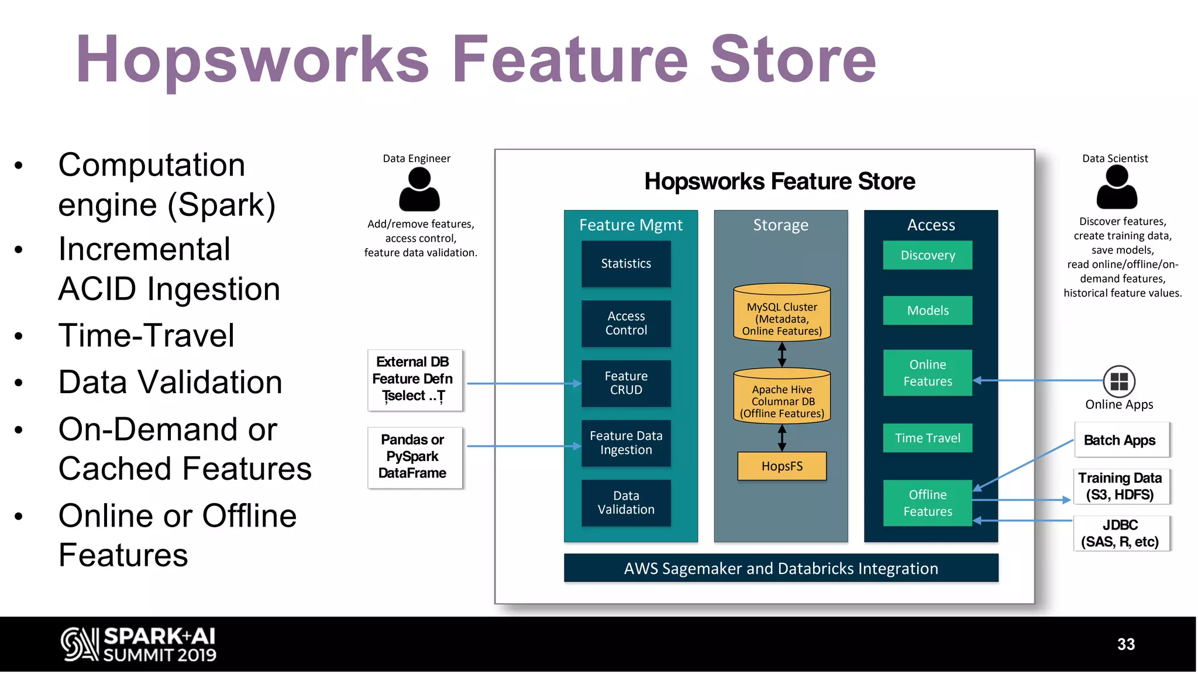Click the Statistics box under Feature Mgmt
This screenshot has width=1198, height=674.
(626, 263)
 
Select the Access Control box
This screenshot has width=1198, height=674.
(626, 323)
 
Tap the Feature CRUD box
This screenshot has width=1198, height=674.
(626, 383)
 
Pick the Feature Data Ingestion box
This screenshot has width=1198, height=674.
(626, 443)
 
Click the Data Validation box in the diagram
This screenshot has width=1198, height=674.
(626, 503)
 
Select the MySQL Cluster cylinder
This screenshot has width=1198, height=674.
(782, 314)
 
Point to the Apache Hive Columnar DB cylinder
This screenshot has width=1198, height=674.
(782, 397)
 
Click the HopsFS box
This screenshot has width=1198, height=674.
(782, 466)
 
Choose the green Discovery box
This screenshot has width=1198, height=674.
(927, 255)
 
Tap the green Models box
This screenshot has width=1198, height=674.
(927, 310)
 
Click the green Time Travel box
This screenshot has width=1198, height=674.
(927, 438)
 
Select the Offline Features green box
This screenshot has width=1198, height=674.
(927, 503)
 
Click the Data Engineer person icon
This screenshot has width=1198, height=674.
(419, 190)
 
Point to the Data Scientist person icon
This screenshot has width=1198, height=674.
(1117, 187)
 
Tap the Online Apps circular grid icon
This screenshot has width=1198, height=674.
(1119, 381)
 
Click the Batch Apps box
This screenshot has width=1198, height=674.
(1121, 440)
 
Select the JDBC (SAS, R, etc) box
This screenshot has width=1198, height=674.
(1121, 533)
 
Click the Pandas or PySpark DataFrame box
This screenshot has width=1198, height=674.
(414, 457)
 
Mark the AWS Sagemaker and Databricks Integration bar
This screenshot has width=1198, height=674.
(781, 568)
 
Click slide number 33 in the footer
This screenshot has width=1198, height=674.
(1125, 644)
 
